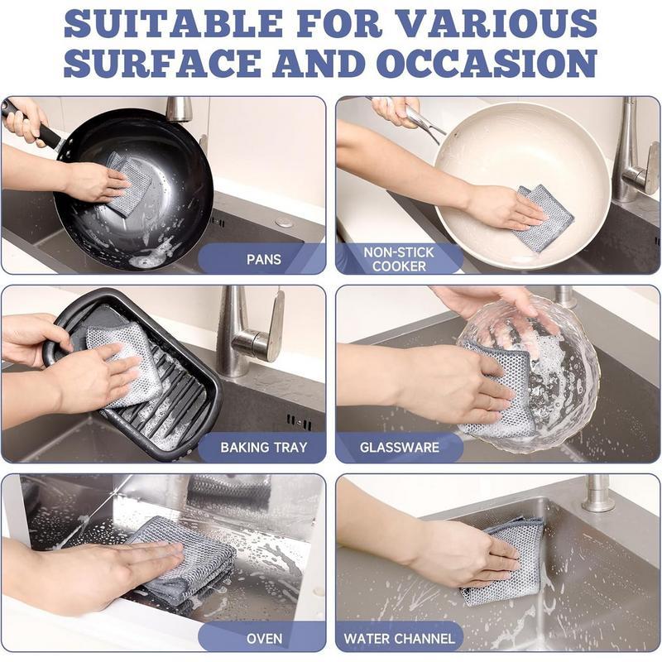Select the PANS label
(x=264, y=259)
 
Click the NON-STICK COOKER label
(x=399, y=258)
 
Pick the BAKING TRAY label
(x=263, y=448)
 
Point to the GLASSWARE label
(x=399, y=448)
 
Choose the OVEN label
(x=264, y=638)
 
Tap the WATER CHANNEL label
(x=399, y=638)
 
